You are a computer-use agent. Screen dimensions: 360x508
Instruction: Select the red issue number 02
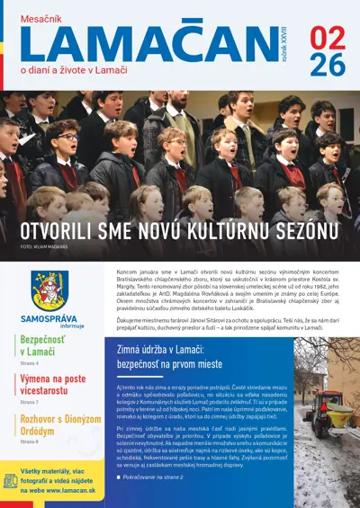pos(326,37)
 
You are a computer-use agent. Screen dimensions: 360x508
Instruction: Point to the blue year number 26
pos(326,64)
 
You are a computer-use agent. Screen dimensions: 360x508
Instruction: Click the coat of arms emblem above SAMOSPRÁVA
pos(49,290)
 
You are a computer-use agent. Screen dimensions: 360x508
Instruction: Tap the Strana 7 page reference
pos(31,403)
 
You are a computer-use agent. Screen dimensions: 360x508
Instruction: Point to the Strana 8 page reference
pos(31,442)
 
